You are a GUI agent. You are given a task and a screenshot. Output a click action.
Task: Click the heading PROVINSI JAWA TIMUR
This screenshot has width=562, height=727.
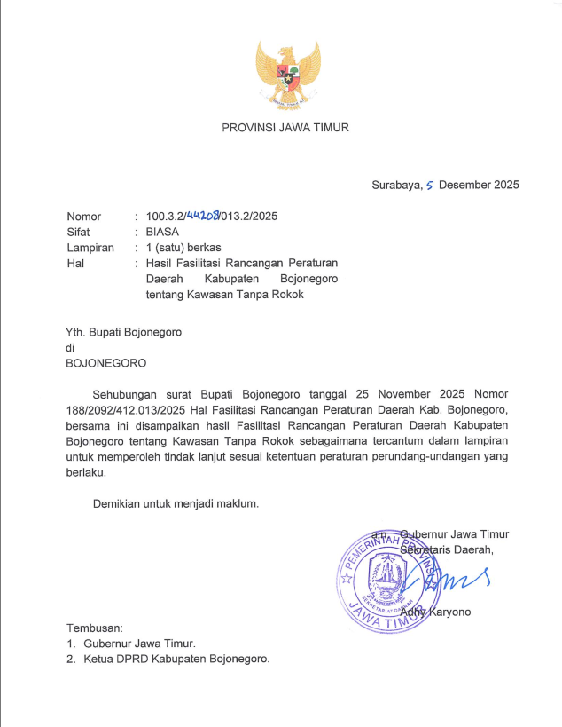point(285,128)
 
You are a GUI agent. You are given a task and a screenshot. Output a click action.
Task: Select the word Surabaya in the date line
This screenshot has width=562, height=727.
point(396,186)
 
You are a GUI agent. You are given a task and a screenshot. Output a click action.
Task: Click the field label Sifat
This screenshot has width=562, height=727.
point(79,232)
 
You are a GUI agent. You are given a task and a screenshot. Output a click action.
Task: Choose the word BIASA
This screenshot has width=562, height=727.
point(163,232)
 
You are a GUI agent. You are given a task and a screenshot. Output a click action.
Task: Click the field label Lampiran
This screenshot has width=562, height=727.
point(90,248)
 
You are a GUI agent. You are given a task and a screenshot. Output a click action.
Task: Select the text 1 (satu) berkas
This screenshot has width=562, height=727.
point(183,248)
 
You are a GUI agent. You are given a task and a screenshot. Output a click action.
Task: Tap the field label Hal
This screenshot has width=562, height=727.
point(74,264)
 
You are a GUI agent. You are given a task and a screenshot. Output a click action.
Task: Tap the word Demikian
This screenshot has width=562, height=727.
point(120,504)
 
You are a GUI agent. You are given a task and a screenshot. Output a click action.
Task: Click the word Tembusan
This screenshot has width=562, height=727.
point(94,628)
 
